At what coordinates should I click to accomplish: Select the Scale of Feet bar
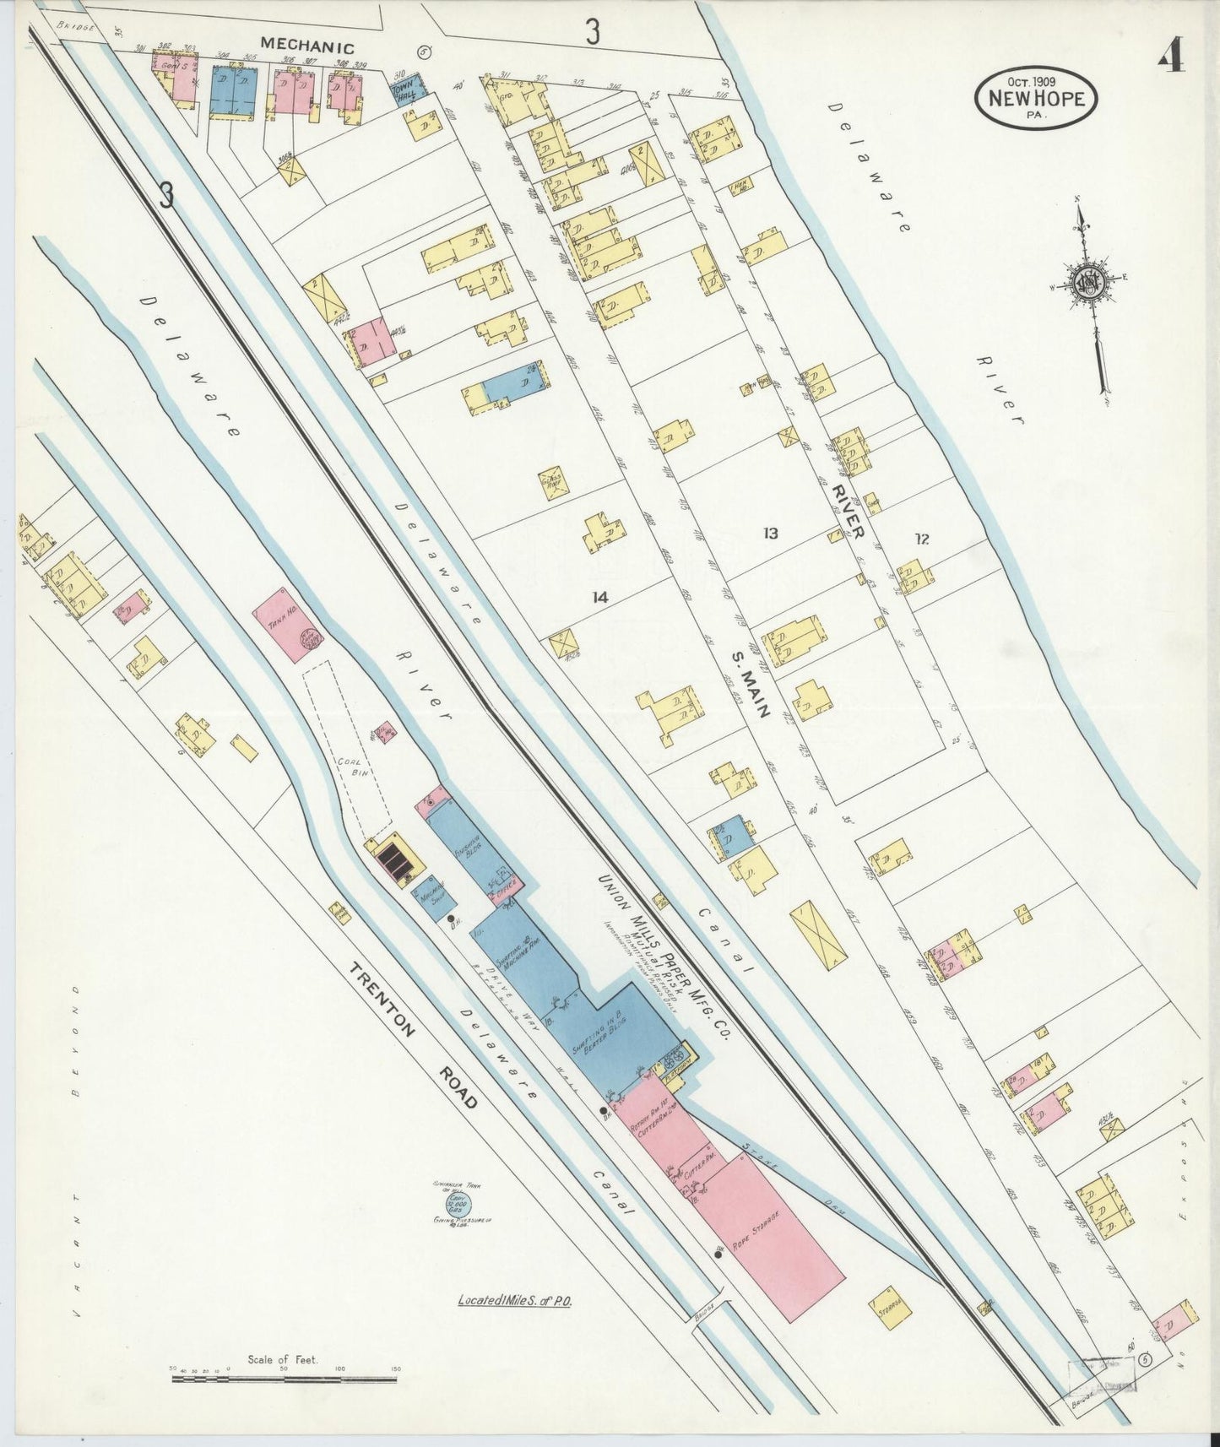(284, 1379)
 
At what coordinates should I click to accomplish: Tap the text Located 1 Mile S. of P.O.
(515, 1301)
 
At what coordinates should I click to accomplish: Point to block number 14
(599, 597)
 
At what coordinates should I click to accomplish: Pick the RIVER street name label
(846, 512)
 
